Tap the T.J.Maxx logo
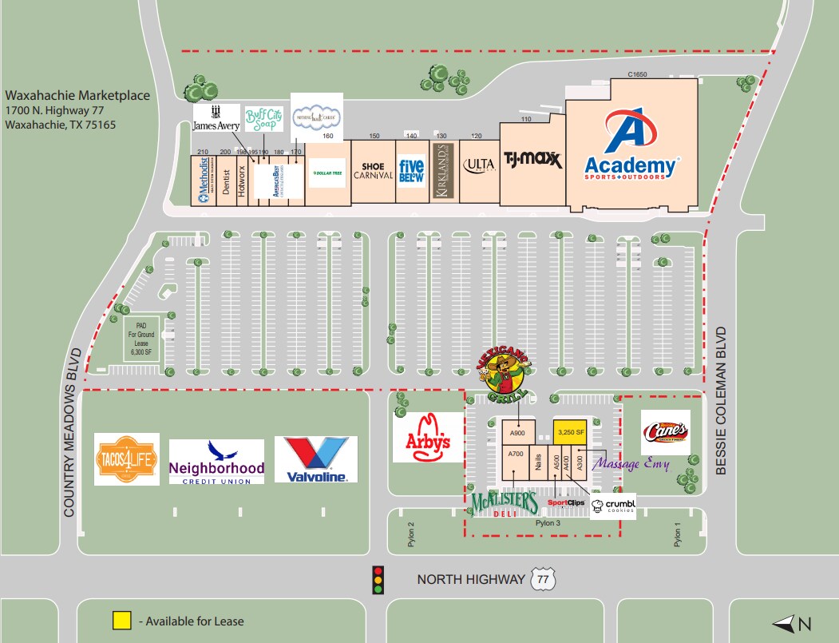[x=532, y=161]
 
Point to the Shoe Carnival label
[x=374, y=171]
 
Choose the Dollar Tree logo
[x=327, y=173]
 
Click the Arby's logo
[x=429, y=437]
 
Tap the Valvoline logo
[x=316, y=459]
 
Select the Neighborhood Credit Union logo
[x=216, y=462]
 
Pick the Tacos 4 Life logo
[x=127, y=459]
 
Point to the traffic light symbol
[x=378, y=579]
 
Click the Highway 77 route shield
[x=543, y=579]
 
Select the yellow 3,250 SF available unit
[x=570, y=432]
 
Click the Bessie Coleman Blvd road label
[x=722, y=400]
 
